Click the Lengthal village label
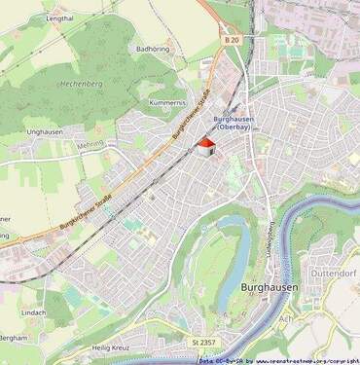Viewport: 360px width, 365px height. pos(59,18)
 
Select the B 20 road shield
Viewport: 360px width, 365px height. pos(231,41)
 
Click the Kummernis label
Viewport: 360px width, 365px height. pos(167,102)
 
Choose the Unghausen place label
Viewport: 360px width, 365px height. pos(46,130)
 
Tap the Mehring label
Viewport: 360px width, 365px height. pos(89,143)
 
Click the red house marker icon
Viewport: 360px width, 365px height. pos(205,147)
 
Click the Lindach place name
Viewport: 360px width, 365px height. pos(33,311)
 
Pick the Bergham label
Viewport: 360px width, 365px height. pos(14,337)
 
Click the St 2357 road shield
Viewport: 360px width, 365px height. pos(203,343)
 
